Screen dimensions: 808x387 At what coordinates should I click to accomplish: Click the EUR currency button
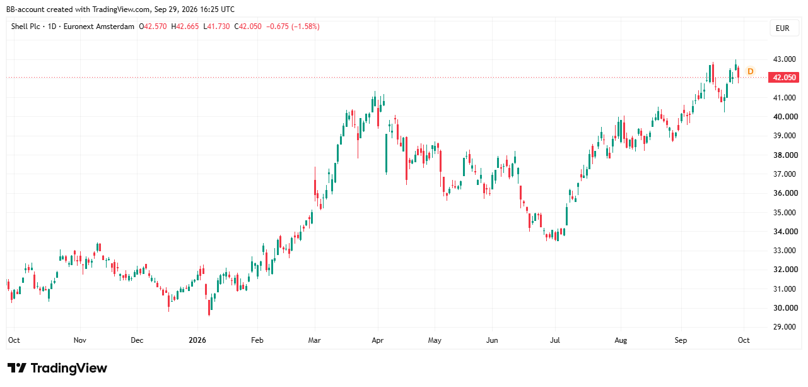coord(782,28)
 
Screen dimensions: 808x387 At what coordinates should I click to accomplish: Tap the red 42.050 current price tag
coord(784,77)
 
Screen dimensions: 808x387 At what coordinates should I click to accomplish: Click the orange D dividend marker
coord(751,71)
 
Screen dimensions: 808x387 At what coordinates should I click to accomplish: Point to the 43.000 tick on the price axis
coord(785,59)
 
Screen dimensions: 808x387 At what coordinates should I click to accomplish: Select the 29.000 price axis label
coord(785,327)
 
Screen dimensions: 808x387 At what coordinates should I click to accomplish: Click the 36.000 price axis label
coord(785,193)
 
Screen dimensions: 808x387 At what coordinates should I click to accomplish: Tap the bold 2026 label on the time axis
coord(197,340)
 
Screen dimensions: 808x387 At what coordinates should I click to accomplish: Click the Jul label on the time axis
coord(555,340)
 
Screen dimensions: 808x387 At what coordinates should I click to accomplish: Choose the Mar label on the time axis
coord(315,340)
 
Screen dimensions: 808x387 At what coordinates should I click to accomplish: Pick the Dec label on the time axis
coord(137,340)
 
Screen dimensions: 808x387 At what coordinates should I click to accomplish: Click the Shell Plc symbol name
coord(26,27)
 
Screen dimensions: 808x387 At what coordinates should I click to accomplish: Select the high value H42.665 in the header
coord(185,27)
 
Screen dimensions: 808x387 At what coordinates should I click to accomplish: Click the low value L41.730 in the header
coord(216,27)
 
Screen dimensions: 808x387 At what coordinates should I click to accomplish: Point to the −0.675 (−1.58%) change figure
coord(293,27)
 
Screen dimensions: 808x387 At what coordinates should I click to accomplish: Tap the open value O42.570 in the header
coord(153,27)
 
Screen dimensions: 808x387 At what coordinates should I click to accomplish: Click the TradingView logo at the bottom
coord(57,368)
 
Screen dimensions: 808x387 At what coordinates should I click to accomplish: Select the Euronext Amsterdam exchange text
coord(99,27)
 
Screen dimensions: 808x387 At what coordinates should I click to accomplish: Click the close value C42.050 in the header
coord(248,27)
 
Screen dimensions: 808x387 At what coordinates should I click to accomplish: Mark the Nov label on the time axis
coord(79,340)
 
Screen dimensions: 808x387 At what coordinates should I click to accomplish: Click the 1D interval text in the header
coord(52,27)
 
